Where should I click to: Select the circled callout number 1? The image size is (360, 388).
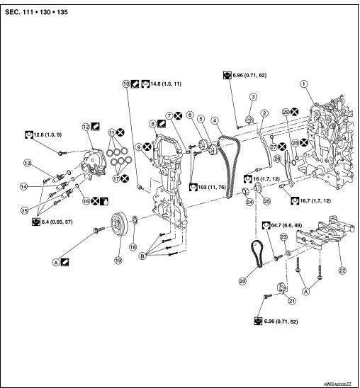pyautogui.click(x=304, y=84)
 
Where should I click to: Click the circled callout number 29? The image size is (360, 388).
pyautogui.click(x=285, y=112)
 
